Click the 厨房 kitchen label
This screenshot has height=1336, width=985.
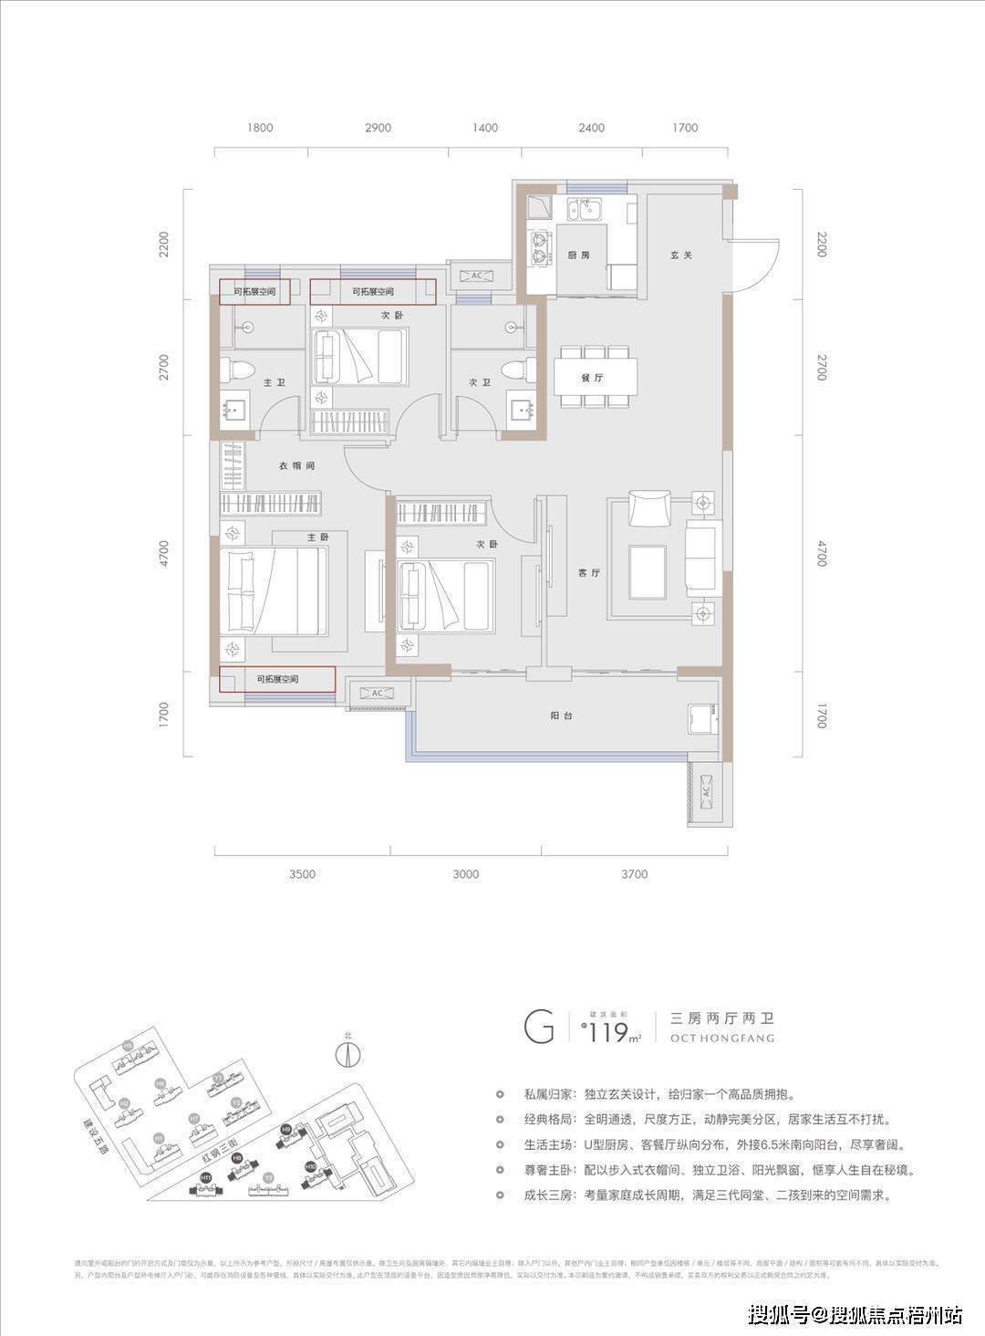pos(578,255)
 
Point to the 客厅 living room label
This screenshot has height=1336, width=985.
pos(588,573)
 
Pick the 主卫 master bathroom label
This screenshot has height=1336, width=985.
pos(275,383)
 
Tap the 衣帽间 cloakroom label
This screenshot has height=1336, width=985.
pos(296,465)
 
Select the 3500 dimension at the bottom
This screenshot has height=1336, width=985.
pos(302,874)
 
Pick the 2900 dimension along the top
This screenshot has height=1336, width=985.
pos(377,128)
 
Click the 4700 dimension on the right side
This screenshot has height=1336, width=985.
pos(821,554)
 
